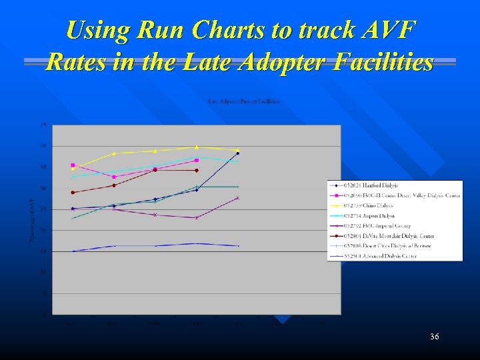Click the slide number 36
tap(435, 337)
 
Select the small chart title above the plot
tap(244, 101)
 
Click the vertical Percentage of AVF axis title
tap(32, 219)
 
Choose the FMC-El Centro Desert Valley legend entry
tap(393, 195)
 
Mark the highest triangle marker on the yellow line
tap(197, 147)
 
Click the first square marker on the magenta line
tap(73, 165)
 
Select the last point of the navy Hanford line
tap(237, 153)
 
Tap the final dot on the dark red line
tap(197, 170)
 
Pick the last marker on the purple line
tap(237, 198)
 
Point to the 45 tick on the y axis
tap(43, 125)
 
